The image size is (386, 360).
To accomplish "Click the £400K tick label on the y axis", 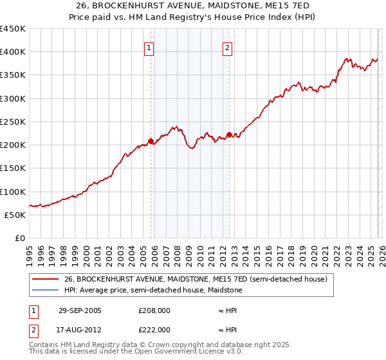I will pos(13,52).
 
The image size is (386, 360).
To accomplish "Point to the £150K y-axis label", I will pos(13,168).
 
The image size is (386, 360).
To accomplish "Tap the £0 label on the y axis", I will pos(19,239).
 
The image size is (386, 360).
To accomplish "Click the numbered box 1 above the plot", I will pos(149,47).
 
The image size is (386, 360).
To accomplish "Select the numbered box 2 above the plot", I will pos(228,47).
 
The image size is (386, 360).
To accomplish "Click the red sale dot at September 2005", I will pos(151,141).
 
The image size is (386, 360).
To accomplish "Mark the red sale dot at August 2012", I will pos(229,134).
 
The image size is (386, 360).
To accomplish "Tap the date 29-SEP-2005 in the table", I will pos(79,310).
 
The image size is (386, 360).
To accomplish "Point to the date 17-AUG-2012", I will pos(79,330).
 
